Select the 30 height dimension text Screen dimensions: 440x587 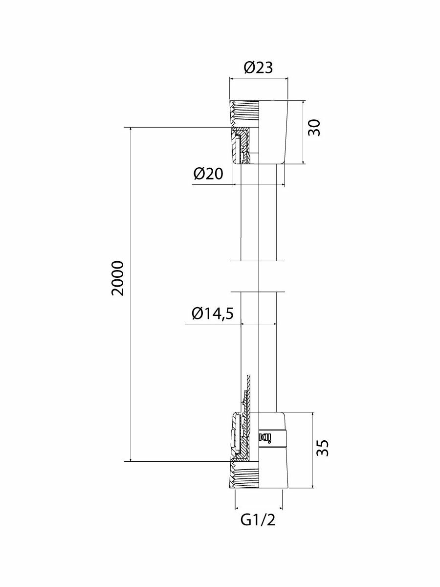315,128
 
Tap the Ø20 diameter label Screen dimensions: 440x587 208,174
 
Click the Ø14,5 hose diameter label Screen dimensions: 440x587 212,313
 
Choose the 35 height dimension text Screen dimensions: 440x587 322,448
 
